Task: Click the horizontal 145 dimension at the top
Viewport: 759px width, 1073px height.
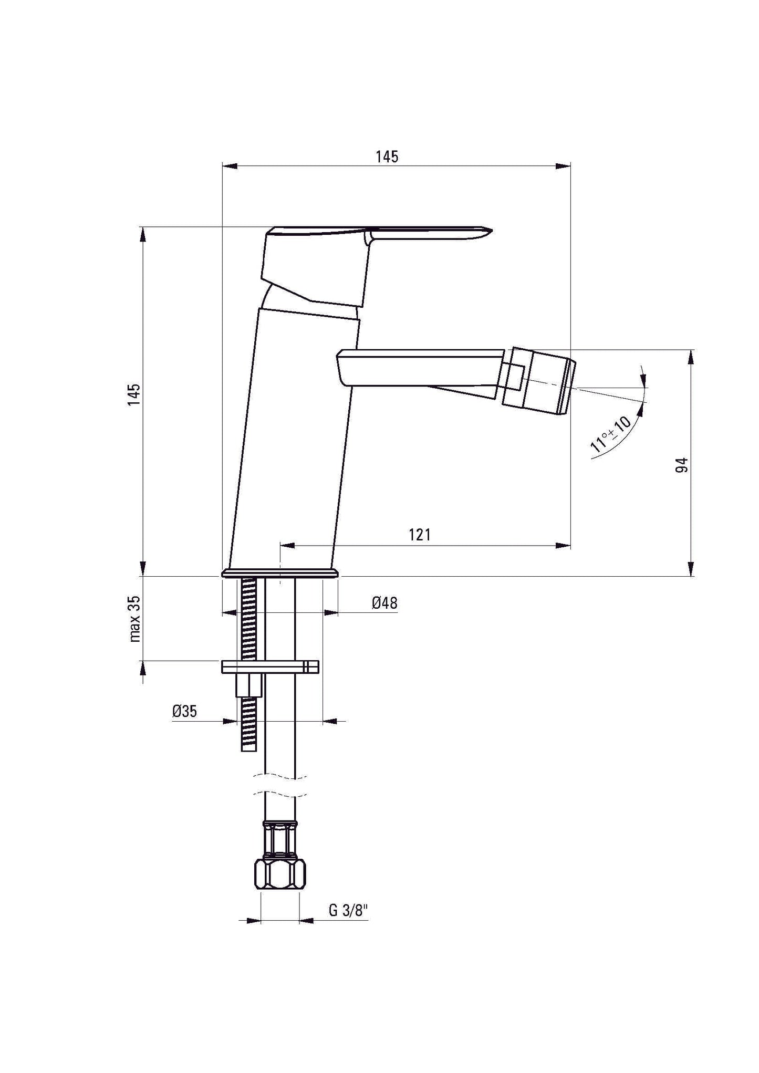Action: tap(387, 157)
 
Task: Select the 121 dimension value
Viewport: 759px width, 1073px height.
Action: tap(419, 535)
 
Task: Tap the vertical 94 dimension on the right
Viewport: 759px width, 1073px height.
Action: tap(681, 465)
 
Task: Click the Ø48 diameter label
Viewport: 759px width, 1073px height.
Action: tap(384, 603)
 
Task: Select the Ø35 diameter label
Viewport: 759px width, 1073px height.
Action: tap(185, 712)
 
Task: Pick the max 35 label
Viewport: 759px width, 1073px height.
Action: tap(134, 619)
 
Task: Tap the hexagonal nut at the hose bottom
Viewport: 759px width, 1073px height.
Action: tap(280, 875)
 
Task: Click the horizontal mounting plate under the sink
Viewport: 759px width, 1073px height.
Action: tap(271, 666)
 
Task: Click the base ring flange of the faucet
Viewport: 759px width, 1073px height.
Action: tap(280, 573)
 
